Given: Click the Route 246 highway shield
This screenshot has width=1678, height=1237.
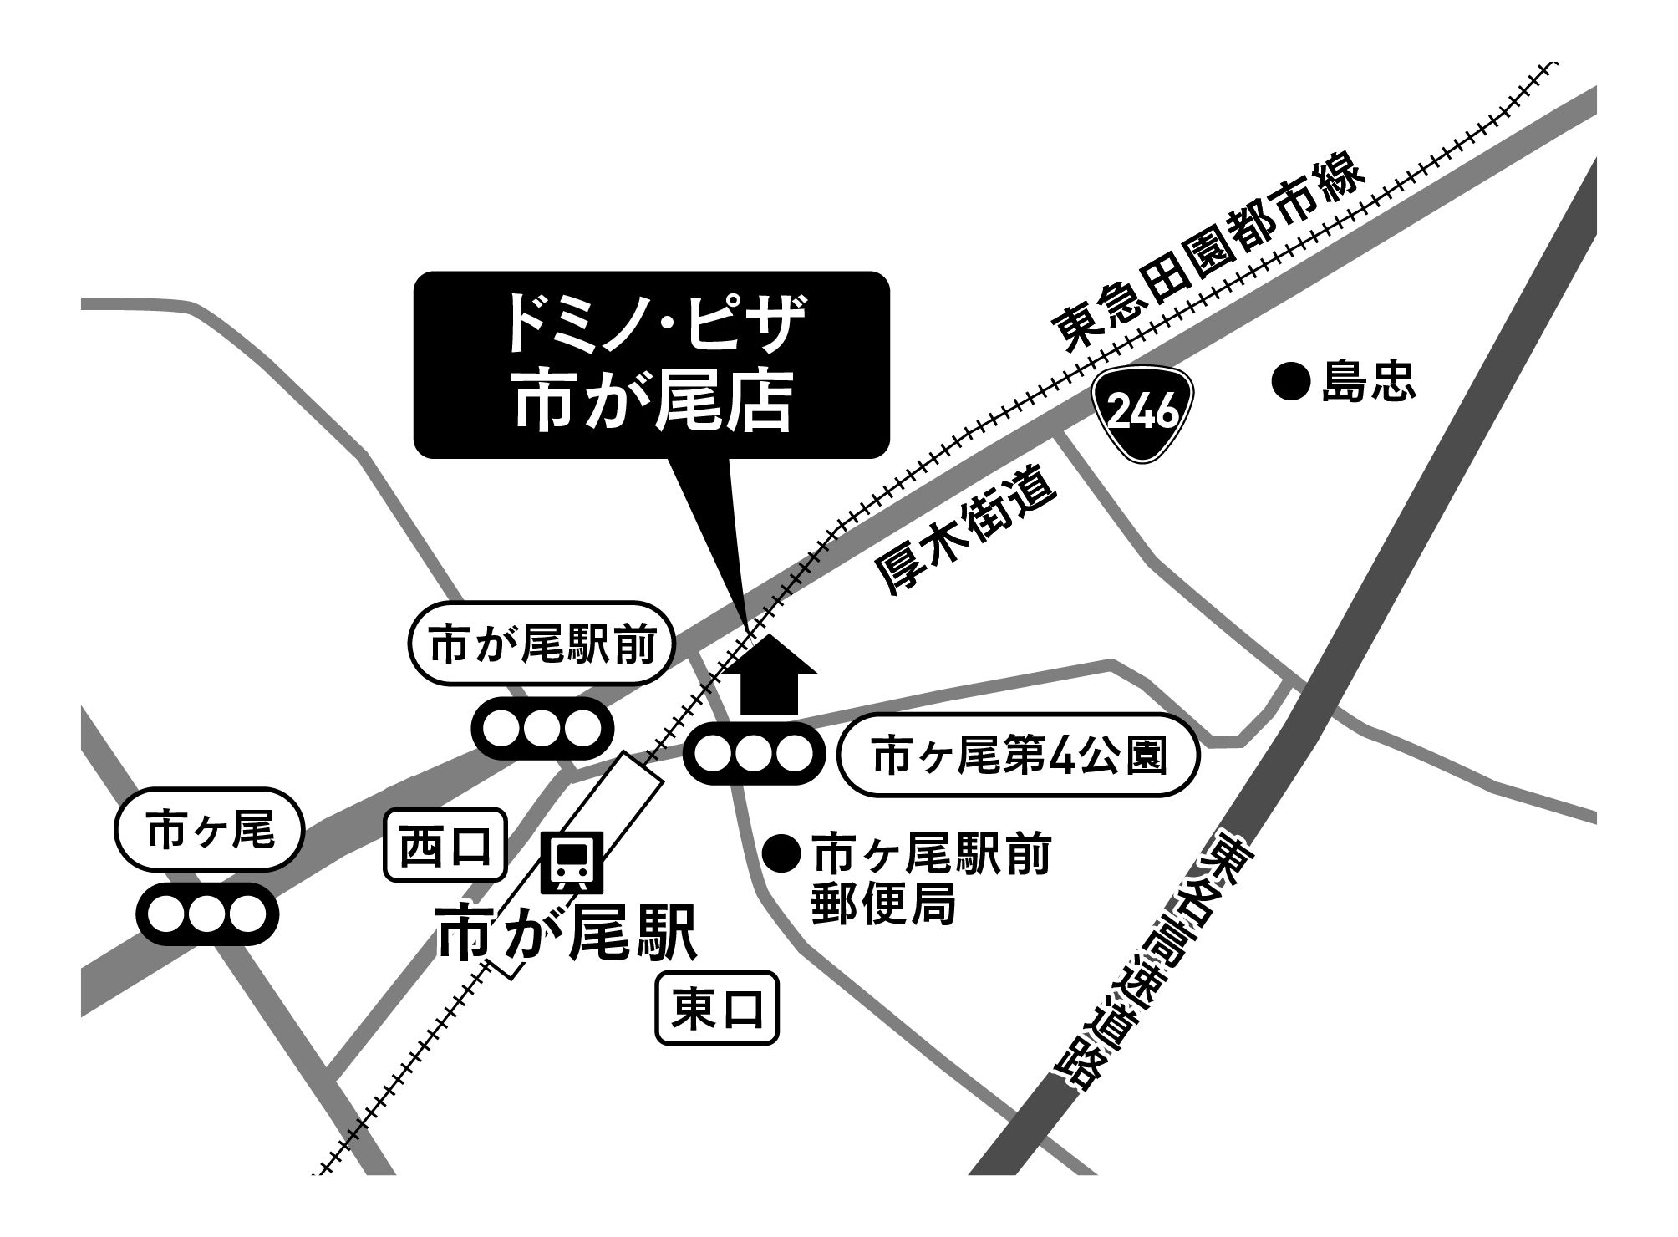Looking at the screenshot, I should click(1144, 412).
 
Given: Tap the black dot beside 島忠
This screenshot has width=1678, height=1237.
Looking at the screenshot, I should click(1289, 383).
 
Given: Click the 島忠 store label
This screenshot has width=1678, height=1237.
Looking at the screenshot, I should click(1369, 384).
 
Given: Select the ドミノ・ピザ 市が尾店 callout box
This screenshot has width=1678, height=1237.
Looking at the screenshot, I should click(652, 364).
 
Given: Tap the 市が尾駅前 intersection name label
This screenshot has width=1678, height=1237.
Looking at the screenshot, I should click(542, 644).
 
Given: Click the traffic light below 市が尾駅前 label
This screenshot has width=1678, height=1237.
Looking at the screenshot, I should click(543, 728).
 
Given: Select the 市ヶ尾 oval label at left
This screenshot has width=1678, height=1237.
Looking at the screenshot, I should click(209, 832).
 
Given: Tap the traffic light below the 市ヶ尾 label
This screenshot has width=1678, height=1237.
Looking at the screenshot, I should click(208, 914).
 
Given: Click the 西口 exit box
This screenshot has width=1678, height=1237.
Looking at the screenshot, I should click(445, 845).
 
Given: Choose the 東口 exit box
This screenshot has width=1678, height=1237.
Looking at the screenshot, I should click(717, 1009).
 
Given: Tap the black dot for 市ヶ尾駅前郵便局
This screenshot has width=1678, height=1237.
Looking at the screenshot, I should click(781, 853).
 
